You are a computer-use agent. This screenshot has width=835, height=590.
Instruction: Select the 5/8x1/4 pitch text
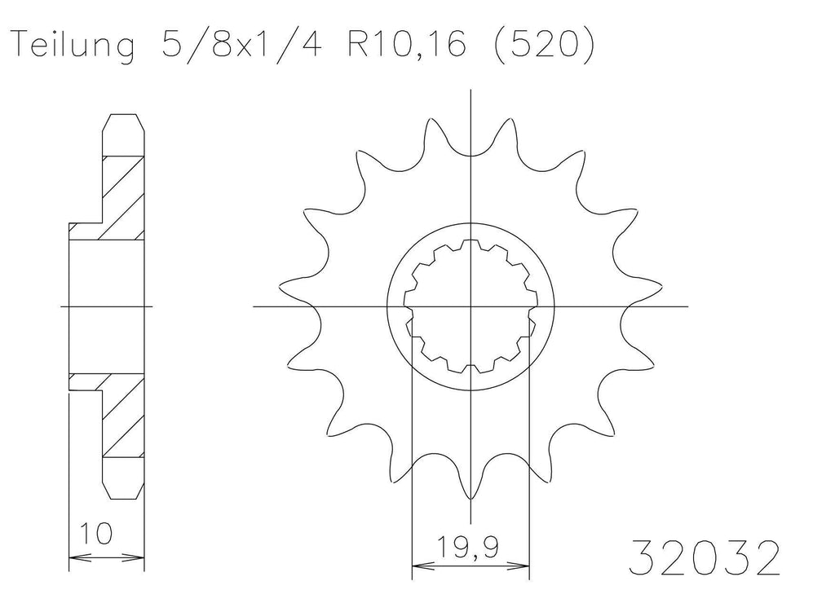(241, 43)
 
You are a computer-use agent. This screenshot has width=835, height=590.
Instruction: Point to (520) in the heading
(543, 45)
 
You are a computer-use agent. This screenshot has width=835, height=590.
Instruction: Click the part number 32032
(704, 557)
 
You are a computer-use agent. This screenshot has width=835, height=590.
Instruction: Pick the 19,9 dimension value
(468, 548)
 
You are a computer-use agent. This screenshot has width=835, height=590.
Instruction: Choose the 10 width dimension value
(96, 534)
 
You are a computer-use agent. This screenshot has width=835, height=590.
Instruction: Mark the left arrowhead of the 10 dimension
(80, 558)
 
